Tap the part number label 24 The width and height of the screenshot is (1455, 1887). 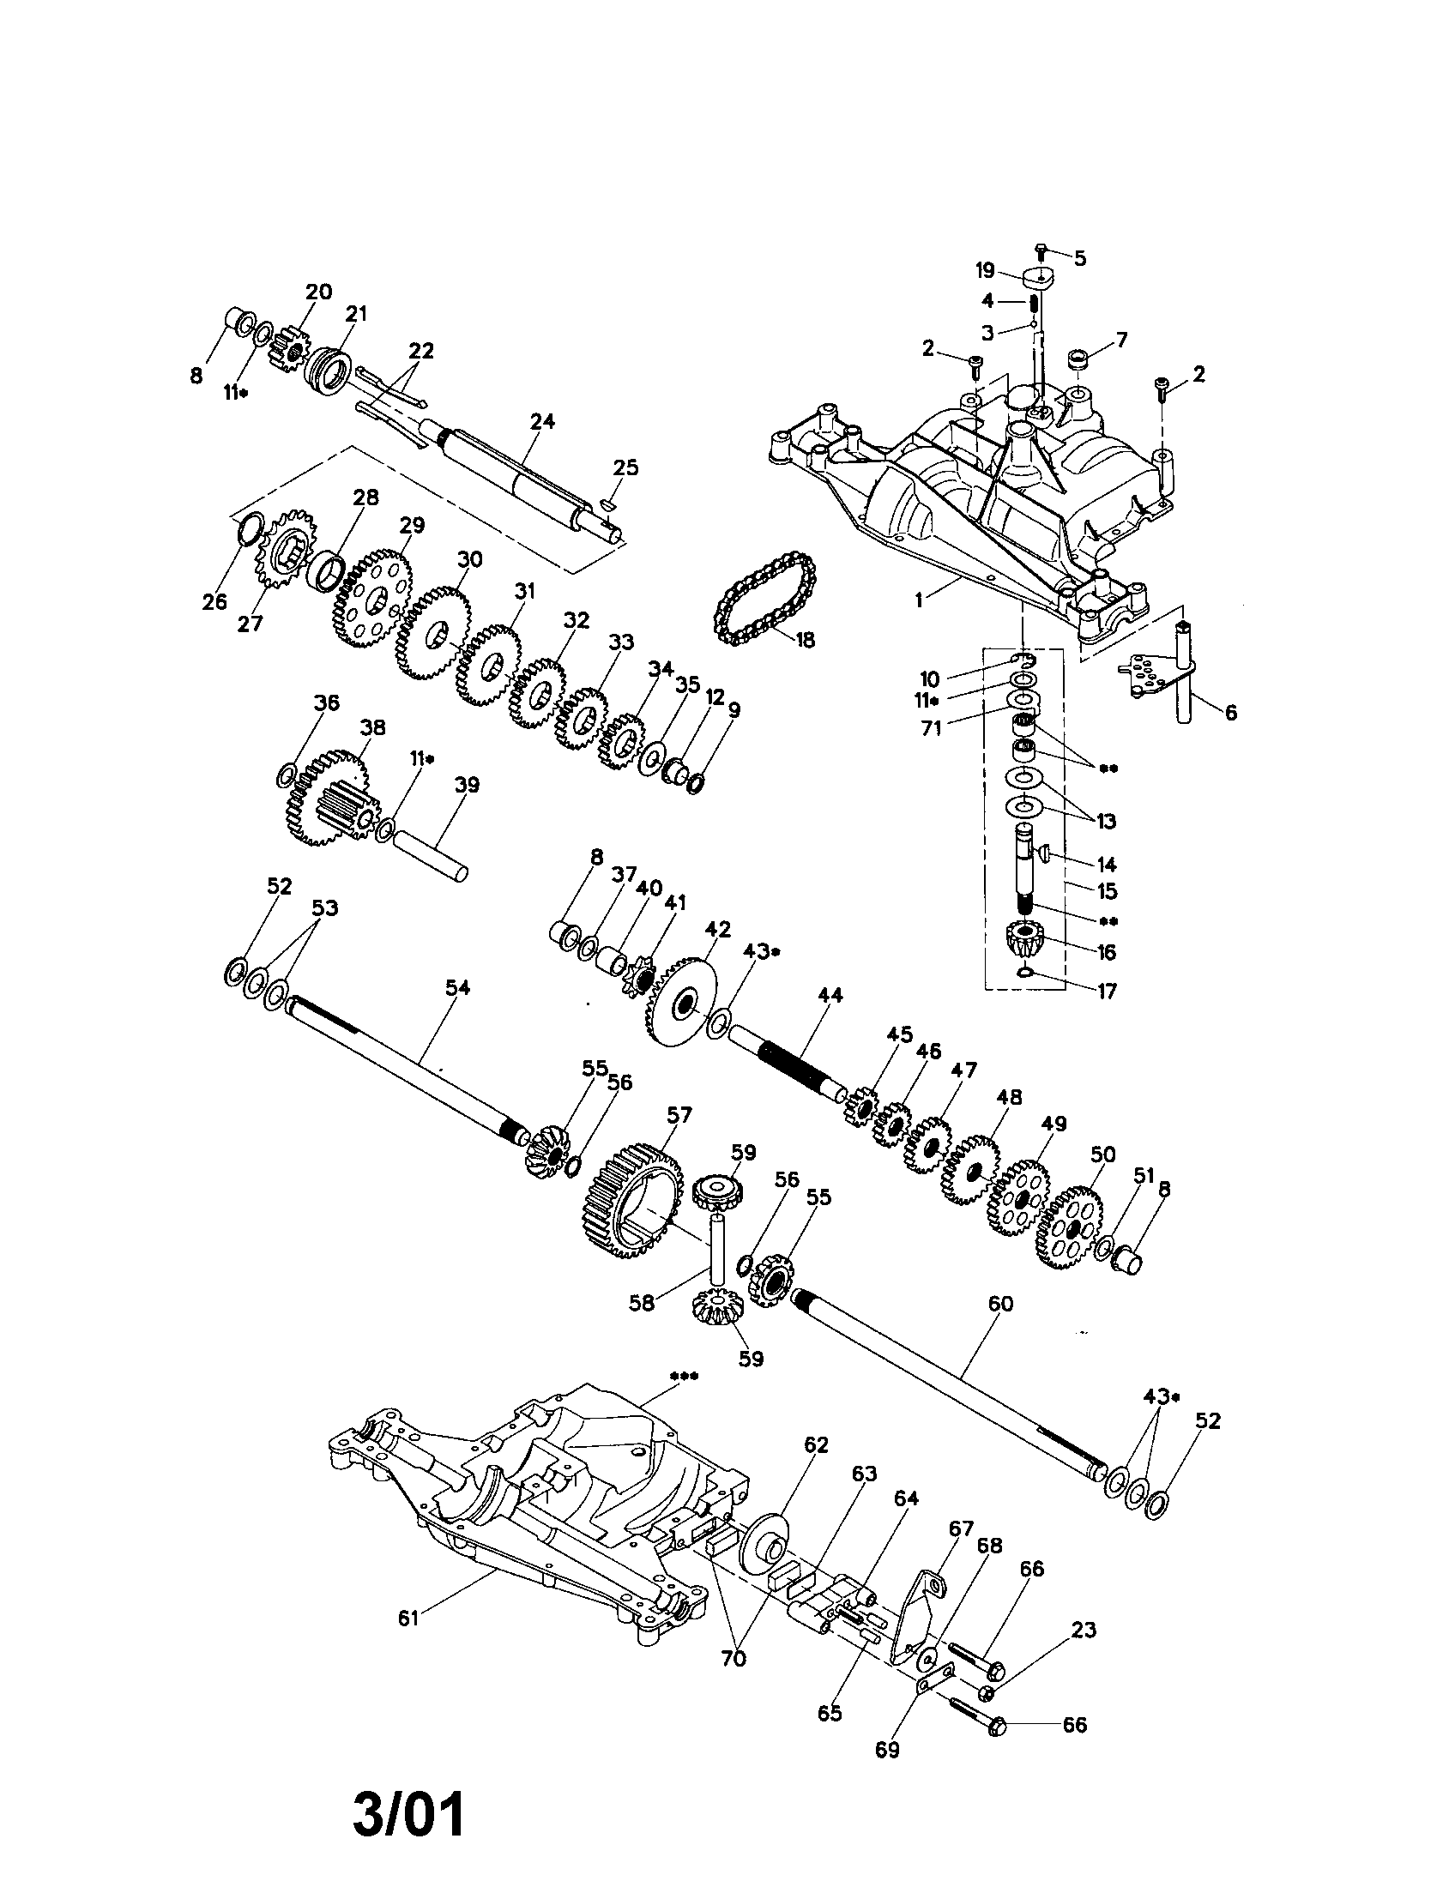(x=543, y=422)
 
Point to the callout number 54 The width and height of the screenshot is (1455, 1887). (x=457, y=987)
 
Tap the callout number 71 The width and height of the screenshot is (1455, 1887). (x=931, y=728)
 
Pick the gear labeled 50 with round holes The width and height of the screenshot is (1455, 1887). (x=1069, y=1227)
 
